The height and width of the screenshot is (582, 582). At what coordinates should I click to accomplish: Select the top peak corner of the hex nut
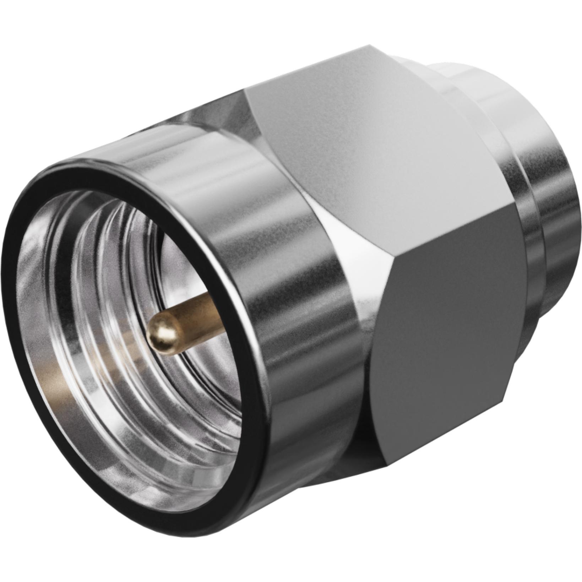coord(369,46)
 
